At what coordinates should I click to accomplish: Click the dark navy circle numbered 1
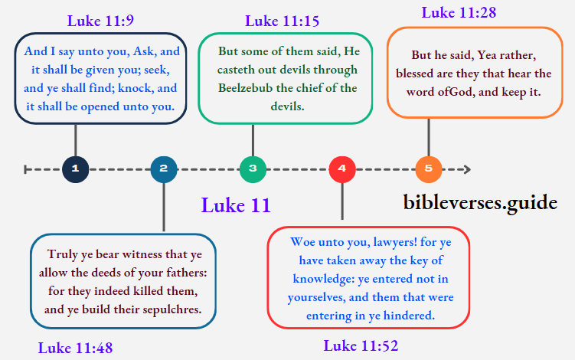point(75,169)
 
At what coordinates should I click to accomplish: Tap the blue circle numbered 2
point(164,169)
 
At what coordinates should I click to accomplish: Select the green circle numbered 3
point(252,169)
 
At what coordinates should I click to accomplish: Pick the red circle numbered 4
point(341,169)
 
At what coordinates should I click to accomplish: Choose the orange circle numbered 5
point(429,169)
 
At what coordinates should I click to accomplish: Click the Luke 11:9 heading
point(100,21)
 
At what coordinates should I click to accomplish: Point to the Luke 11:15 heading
point(282,21)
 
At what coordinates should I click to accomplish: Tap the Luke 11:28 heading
point(458,13)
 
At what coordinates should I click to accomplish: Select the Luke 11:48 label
point(75,348)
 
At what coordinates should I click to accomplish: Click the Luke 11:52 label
point(361,345)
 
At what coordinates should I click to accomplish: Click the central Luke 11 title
point(236,205)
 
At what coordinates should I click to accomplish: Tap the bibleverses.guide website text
point(480,202)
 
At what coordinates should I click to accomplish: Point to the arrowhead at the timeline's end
point(466,169)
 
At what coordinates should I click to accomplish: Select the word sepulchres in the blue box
point(170,309)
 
